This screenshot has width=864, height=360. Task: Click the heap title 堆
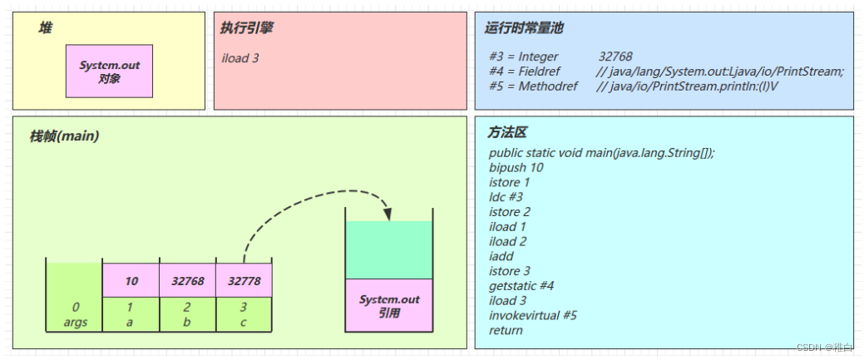[x=45, y=28]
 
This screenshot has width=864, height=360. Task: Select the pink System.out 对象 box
[x=109, y=71]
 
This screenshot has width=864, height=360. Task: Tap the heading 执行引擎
[x=247, y=28]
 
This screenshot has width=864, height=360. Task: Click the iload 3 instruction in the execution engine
[x=240, y=59]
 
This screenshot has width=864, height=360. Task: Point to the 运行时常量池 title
[x=524, y=28]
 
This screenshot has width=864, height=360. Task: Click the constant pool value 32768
[x=615, y=57]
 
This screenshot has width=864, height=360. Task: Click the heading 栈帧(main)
[x=65, y=136]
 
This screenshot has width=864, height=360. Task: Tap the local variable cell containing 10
[x=131, y=281]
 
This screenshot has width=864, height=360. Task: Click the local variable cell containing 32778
[x=244, y=281]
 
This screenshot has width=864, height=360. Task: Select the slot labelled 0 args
[x=75, y=314]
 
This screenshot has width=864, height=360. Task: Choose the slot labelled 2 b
[x=187, y=314]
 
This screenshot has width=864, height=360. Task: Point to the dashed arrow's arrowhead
[x=387, y=214]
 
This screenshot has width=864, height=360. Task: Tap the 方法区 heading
[x=507, y=133]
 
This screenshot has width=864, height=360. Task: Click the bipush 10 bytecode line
[x=516, y=168]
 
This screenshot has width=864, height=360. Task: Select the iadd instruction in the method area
[x=501, y=256]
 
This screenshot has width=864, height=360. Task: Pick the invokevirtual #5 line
[x=533, y=315]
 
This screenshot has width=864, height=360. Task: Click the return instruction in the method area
[x=506, y=330]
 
